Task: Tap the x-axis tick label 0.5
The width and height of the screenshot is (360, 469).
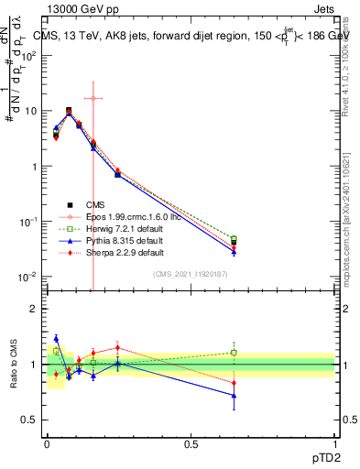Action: pos(191,443)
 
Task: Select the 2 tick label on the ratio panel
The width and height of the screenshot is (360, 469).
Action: pos(34,309)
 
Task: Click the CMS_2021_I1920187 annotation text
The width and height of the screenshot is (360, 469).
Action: pos(190,275)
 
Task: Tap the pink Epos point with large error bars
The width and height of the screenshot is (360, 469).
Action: pos(93,97)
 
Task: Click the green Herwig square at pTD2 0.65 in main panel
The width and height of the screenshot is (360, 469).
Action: pos(234,239)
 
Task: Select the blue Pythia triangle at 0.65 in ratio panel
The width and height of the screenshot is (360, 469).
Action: pos(234,396)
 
